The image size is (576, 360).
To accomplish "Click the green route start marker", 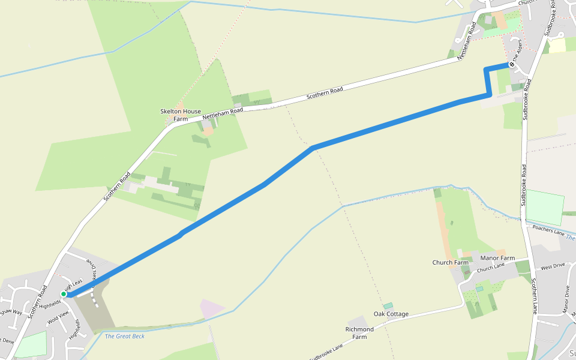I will [x=64, y=294].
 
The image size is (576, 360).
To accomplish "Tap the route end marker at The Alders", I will [x=511, y=65].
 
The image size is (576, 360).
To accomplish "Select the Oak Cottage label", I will [x=391, y=314].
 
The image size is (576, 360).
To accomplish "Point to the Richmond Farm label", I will [x=359, y=333].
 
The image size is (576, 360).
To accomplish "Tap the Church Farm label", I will [x=451, y=262].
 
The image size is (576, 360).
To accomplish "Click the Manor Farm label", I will [x=498, y=258].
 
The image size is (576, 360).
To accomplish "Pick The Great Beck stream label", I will [x=125, y=336].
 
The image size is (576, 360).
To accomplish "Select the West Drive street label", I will [x=553, y=266].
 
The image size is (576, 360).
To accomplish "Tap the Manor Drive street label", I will [x=565, y=299].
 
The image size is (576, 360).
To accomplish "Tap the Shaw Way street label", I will [x=11, y=312].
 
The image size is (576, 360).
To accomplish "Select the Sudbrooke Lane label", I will [x=326, y=352].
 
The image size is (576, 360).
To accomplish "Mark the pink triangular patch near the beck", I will [x=211, y=309].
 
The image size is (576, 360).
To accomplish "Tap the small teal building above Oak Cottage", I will [x=388, y=306].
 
